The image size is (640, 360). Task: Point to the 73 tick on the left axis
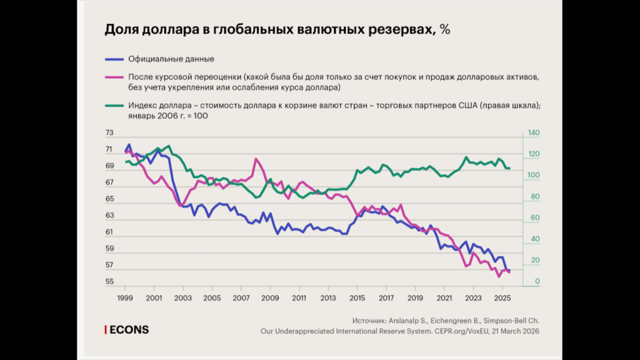pos(110,133)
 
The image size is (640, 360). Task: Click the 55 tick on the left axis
pos(110,282)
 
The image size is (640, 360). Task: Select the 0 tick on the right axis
pos(529,282)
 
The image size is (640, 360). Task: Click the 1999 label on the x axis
pos(125,297)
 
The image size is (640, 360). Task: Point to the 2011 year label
pos(299,297)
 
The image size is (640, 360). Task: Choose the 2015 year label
pos(357,297)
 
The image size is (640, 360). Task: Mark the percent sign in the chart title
pos(445,29)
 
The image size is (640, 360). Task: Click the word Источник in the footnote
pos(371,319)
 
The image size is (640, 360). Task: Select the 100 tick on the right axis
pos(533,176)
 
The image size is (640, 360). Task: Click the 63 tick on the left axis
pos(110,216)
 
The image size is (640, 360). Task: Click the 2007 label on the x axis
pos(241,297)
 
